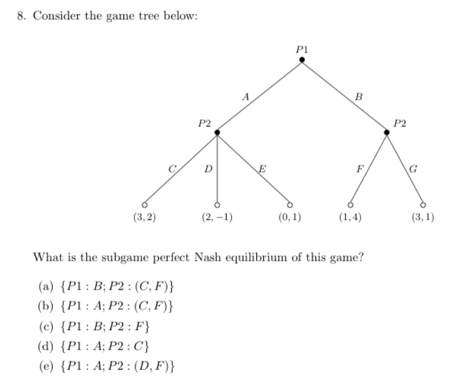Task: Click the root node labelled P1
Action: pyautogui.click(x=302, y=60)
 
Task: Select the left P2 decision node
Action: pyautogui.click(x=217, y=132)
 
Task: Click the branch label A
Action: pyautogui.click(x=245, y=95)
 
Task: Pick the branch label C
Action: pyautogui.click(x=171, y=169)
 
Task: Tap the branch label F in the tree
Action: pyautogui.click(x=359, y=169)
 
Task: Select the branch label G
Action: pyautogui.click(x=413, y=169)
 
